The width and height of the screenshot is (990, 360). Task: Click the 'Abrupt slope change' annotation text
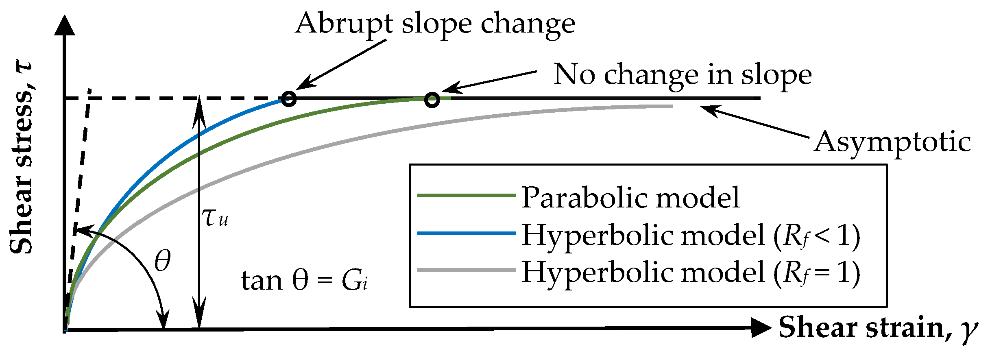pos(435,24)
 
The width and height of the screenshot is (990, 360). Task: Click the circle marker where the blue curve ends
pos(289,99)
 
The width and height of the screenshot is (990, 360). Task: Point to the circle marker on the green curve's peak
pos(432,100)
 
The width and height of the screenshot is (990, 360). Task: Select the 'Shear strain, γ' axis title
pos(878,328)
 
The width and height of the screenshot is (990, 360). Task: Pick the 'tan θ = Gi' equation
pos(305,281)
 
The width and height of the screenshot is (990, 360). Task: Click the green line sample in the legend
pos(467,196)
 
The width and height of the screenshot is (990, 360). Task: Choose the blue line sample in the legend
pos(467,233)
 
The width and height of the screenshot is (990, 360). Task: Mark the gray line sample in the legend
pos(467,270)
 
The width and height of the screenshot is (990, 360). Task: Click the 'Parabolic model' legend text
pos(631,197)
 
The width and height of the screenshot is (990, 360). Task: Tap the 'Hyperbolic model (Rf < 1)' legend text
pos(691,236)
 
